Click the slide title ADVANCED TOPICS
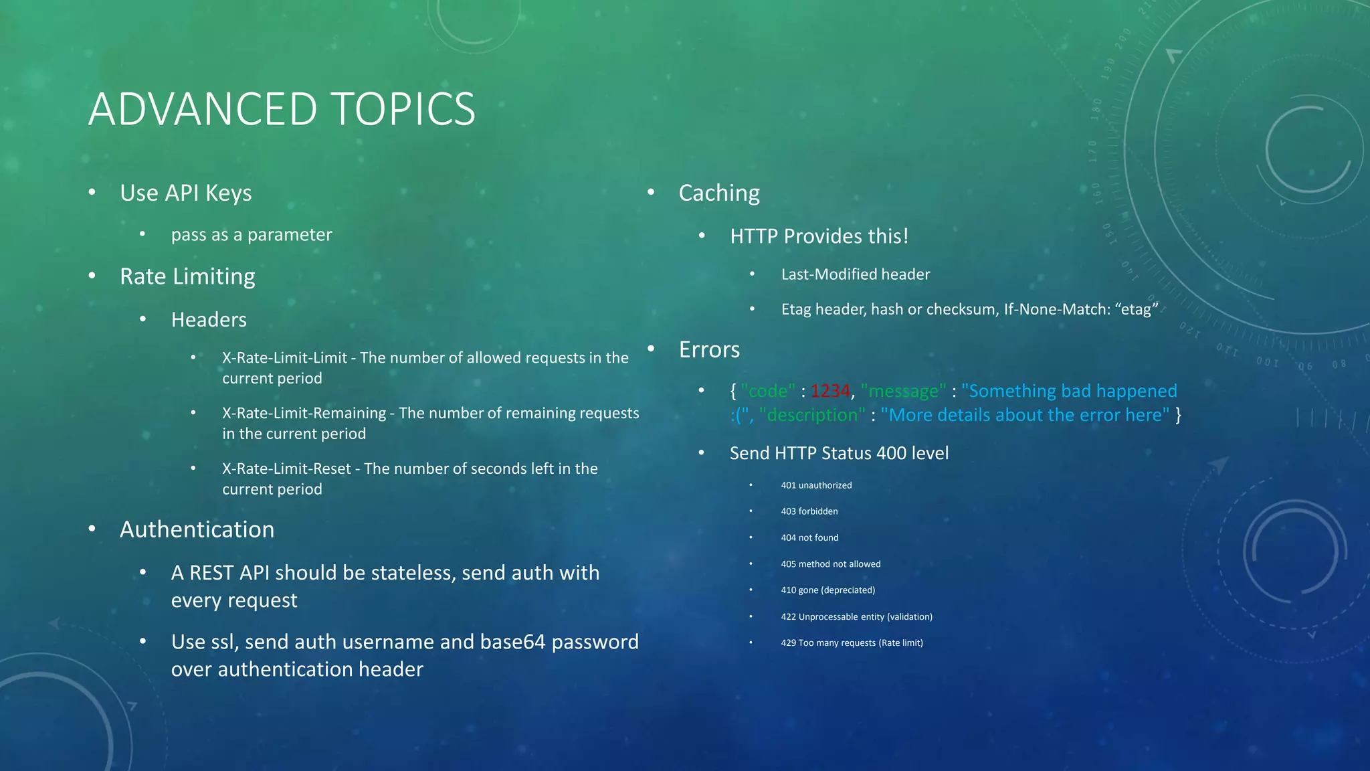282,109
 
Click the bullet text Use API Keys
185,193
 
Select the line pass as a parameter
251,235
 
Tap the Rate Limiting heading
187,276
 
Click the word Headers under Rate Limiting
209,320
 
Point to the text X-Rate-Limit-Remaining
304,413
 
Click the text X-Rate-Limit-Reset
286,468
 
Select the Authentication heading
197,529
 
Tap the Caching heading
718,193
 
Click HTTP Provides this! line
819,236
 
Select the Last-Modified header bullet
855,274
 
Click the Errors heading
709,349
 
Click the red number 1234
829,391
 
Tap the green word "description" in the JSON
812,415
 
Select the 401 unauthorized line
816,485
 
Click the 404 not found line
809,537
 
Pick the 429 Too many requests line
852,642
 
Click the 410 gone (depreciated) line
827,590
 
